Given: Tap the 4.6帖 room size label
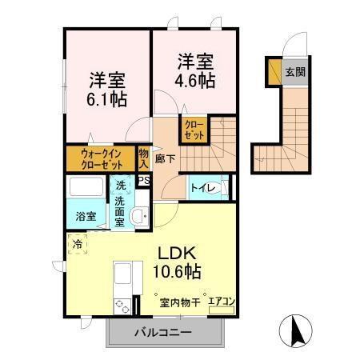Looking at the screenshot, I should (194, 80).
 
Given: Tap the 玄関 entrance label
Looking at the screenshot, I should (294, 72).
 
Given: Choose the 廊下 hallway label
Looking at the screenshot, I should (166, 158).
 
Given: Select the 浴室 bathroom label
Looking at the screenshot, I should (86, 216).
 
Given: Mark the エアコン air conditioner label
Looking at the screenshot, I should (221, 301).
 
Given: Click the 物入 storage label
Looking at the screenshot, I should (144, 158).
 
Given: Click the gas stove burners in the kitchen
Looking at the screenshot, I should (122, 305).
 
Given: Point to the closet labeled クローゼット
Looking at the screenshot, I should (194, 130).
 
